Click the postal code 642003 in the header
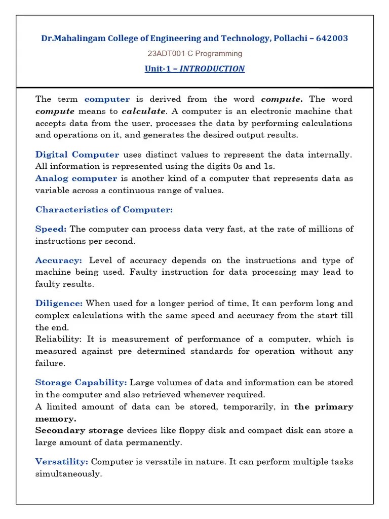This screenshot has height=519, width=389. click(332, 39)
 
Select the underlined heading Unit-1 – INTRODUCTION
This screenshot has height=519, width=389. click(194, 68)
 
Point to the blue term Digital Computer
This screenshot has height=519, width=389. click(77, 155)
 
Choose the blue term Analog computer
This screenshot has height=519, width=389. click(76, 178)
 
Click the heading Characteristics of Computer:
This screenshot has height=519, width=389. click(104, 209)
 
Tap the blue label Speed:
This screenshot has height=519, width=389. click(51, 229)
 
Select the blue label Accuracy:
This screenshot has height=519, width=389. click(58, 261)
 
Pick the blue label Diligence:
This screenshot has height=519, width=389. click(59, 304)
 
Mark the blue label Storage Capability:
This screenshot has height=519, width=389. click(81, 383)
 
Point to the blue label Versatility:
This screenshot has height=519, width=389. click(61, 462)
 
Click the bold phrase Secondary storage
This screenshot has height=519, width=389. click(80, 430)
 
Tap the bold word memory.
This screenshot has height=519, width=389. click(56, 419)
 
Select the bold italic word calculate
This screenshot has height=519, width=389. click(143, 111)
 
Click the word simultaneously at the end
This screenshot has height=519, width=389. click(68, 474)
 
